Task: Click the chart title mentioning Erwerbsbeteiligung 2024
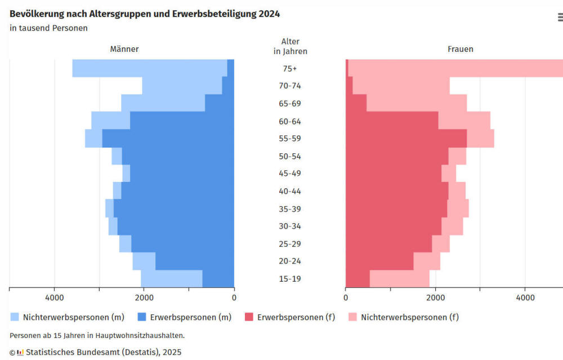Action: click(x=145, y=14)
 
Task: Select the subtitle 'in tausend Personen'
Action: click(x=48, y=28)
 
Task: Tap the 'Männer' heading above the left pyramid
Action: click(x=124, y=49)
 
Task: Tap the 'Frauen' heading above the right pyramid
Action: click(x=460, y=49)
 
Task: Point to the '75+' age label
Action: click(x=290, y=69)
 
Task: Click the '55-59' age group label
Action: click(x=290, y=139)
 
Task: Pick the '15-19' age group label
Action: click(x=290, y=279)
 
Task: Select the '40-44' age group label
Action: click(x=290, y=192)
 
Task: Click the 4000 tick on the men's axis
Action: click(x=55, y=297)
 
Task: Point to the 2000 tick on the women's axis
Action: click(x=435, y=297)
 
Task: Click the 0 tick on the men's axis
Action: click(x=234, y=297)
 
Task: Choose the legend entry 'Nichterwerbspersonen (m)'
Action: click(x=65, y=317)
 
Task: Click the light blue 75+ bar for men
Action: click(x=149, y=68)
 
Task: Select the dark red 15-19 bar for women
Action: click(x=358, y=279)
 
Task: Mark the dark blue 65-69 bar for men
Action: click(x=220, y=103)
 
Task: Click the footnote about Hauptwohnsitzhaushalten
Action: click(x=97, y=335)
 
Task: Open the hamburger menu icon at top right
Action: click(x=560, y=17)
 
